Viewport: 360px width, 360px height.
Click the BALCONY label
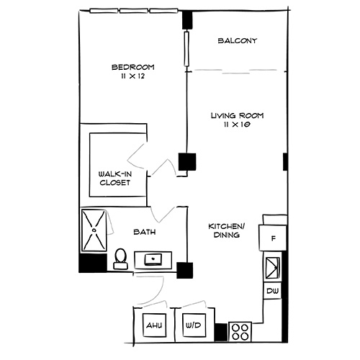click(238, 41)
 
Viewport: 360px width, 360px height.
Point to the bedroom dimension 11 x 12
click(133, 77)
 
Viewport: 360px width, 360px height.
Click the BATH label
click(146, 232)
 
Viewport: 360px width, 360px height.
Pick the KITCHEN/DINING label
click(227, 230)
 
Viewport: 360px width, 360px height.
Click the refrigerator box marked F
click(274, 237)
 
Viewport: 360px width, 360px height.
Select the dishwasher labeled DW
click(272, 290)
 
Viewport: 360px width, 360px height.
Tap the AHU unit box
click(153, 326)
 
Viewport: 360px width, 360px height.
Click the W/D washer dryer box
click(194, 326)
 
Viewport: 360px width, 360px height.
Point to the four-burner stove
click(240, 331)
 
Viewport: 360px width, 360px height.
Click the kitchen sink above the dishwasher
click(273, 268)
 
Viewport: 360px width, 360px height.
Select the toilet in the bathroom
click(121, 258)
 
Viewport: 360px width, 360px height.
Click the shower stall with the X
click(93, 230)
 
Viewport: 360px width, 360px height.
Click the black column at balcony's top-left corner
click(188, 20)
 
